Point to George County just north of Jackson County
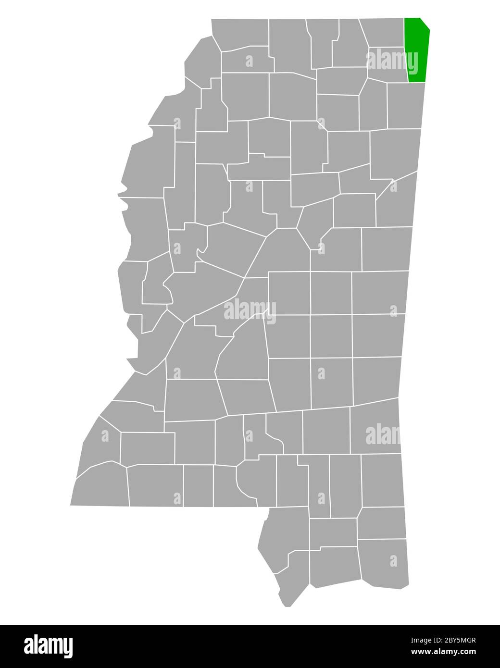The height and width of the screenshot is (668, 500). click(x=382, y=522)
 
